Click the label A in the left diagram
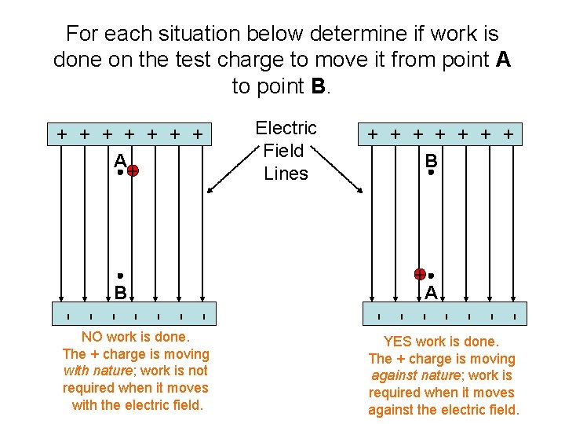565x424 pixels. [119, 159]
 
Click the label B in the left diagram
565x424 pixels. [120, 293]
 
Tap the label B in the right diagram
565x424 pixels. [431, 159]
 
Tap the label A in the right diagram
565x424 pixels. [431, 292]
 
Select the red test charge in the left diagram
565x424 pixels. [133, 170]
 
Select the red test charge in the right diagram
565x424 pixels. [421, 274]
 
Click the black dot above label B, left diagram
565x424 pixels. [120, 276]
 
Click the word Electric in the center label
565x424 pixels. [286, 128]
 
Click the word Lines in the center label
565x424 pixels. [286, 174]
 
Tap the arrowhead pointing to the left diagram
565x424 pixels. [210, 189]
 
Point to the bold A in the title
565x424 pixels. [503, 60]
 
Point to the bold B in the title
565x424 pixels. [317, 86]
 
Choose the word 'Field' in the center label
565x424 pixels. [283, 151]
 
